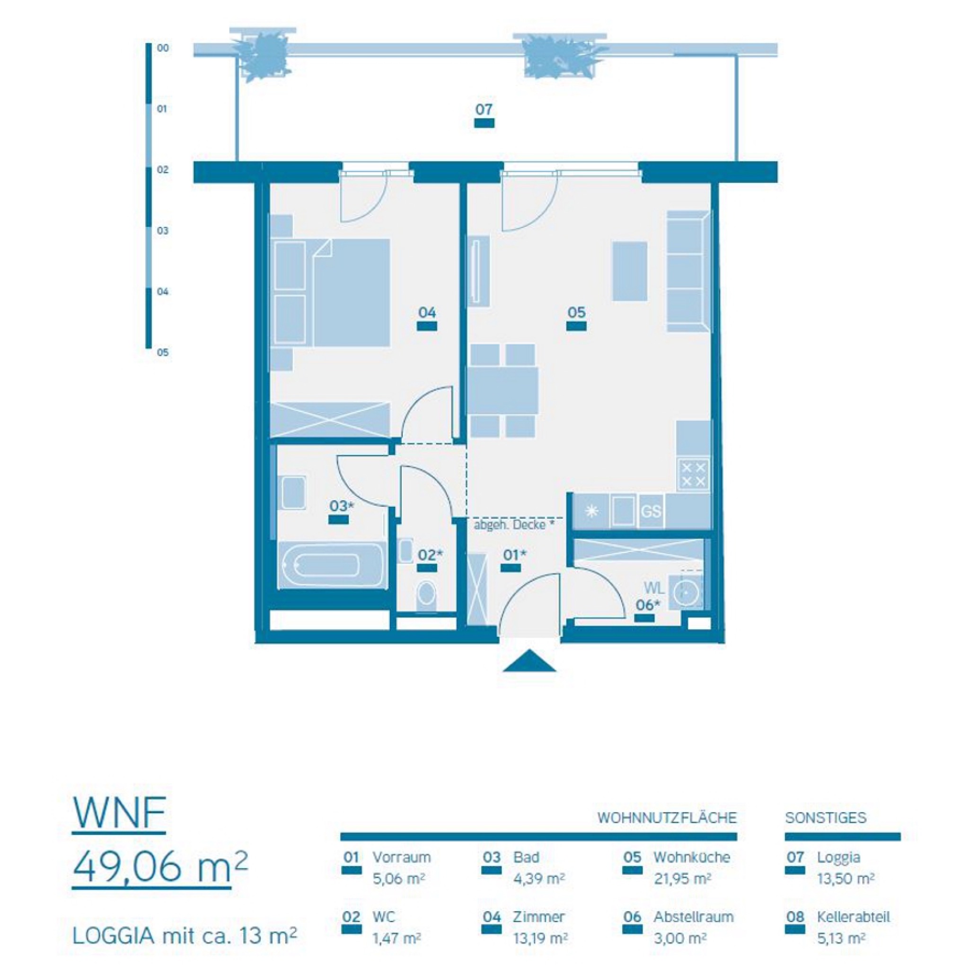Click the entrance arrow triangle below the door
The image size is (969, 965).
click(x=529, y=661)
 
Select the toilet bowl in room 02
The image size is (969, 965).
click(x=426, y=593)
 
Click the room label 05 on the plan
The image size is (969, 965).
click(x=576, y=313)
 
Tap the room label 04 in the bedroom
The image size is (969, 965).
click(x=427, y=313)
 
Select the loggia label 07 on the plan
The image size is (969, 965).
click(x=484, y=109)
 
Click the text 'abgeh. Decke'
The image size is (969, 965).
click(x=510, y=525)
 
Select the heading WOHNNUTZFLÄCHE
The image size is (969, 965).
click(x=667, y=818)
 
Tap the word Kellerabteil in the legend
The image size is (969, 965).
click(x=853, y=917)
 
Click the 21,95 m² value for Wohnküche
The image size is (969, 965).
click(x=682, y=878)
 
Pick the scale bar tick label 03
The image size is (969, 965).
click(x=162, y=231)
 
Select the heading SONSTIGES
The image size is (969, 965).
click(x=826, y=818)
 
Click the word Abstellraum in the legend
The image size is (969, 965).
click(x=693, y=917)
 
